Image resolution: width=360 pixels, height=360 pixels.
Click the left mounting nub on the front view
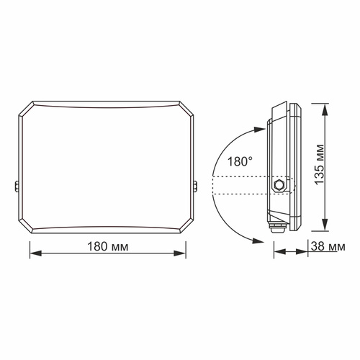pyautogui.click(x=17, y=186)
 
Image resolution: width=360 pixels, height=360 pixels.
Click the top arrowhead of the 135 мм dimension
pyautogui.click(x=323, y=106)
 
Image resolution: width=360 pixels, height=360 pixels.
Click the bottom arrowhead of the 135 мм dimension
pyautogui.click(x=323, y=230)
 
